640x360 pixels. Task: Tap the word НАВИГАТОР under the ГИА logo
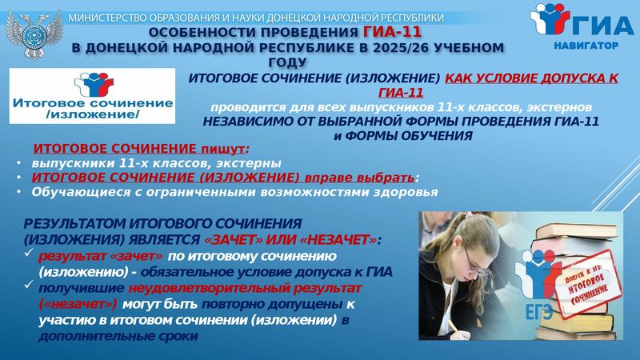coord(586,46)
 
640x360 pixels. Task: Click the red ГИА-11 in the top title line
coord(392,32)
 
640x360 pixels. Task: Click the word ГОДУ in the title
coord(288,62)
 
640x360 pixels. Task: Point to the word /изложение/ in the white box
coord(93,114)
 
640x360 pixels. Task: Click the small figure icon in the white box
coord(94,84)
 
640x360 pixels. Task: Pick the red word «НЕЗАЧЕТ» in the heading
coord(338,239)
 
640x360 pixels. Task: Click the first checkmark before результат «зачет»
coord(28,253)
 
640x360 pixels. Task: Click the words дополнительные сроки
coord(118,336)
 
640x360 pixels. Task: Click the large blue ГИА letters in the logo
coord(603,26)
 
